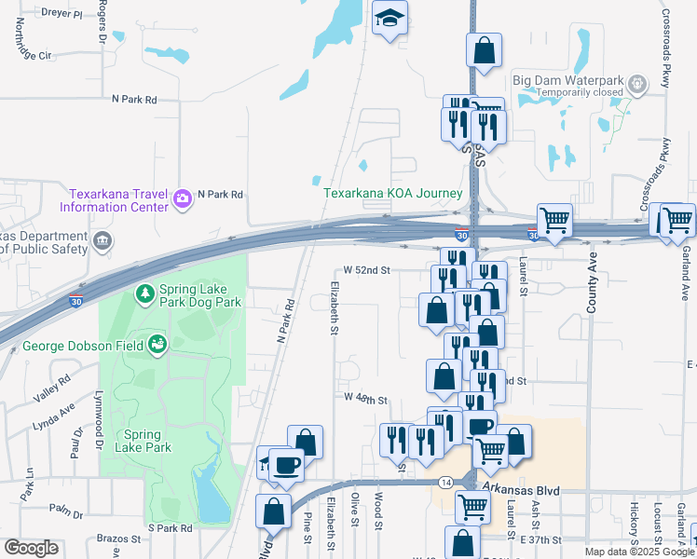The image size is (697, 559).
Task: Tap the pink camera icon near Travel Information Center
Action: pyautogui.click(x=182, y=197)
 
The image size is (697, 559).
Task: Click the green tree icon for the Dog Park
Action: pyautogui.click(x=144, y=294)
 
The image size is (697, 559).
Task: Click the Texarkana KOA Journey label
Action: pyautogui.click(x=392, y=194)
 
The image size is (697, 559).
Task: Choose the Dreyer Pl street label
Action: pyautogui.click(x=61, y=16)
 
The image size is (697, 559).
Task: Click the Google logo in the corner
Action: pyautogui.click(x=31, y=548)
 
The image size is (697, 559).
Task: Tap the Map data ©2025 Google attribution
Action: pyautogui.click(x=639, y=552)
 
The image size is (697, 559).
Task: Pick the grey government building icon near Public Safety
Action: pyautogui.click(x=102, y=242)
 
